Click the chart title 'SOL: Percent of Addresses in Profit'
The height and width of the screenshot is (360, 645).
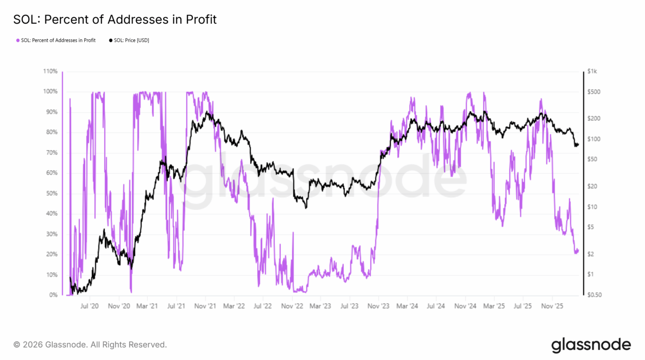(115, 19)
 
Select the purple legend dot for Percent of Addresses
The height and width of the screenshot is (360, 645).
(18, 40)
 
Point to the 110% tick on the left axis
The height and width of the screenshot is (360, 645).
(51, 71)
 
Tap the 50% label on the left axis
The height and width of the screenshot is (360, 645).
(51, 193)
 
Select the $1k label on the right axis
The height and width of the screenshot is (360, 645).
(592, 71)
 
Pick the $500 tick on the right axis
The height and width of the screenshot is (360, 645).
(593, 92)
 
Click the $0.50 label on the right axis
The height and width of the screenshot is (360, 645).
(594, 295)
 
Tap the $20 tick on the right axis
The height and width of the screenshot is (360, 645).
(592, 186)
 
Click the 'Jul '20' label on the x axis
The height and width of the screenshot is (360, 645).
(89, 306)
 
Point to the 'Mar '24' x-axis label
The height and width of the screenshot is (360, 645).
(407, 306)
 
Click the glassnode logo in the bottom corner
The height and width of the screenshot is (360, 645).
(591, 345)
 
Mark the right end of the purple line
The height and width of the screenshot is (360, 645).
(578, 250)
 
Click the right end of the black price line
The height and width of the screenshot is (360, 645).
(578, 145)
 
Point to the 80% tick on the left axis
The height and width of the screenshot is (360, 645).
(51, 132)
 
